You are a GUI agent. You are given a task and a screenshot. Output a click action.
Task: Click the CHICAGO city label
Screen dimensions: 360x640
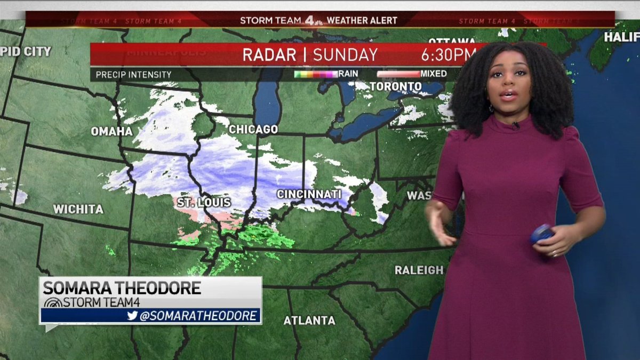[253, 130]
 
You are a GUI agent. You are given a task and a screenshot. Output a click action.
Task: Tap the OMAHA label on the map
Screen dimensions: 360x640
[111, 131]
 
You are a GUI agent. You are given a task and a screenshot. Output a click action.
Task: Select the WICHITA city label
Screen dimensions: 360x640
[78, 210]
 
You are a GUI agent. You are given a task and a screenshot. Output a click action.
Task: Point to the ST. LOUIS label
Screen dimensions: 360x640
[204, 203]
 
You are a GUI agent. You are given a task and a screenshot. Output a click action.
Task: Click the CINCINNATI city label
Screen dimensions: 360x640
[309, 194]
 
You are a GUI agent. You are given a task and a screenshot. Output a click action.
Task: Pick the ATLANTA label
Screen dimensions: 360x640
[309, 321]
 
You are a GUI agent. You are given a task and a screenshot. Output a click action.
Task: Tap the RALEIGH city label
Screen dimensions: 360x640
[419, 270]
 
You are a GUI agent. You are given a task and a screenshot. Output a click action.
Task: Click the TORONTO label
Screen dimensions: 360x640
[396, 86]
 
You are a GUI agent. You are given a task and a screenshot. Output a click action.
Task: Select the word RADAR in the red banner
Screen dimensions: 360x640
[269, 55]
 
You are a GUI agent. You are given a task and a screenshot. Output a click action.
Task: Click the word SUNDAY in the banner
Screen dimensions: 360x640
[345, 55]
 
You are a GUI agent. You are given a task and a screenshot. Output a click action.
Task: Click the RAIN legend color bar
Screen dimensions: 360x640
[316, 74]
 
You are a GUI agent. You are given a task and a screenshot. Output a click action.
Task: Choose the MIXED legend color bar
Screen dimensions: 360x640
[398, 74]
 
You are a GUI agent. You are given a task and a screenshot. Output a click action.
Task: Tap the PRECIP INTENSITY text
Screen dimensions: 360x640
[134, 75]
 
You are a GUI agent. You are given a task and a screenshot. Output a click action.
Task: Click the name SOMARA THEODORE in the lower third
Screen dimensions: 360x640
[122, 288]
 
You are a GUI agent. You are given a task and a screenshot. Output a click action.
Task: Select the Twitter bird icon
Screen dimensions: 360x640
[132, 316]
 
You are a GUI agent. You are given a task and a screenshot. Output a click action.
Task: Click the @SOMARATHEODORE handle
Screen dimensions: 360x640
[198, 316]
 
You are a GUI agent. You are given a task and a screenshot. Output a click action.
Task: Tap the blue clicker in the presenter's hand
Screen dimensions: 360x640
[542, 234]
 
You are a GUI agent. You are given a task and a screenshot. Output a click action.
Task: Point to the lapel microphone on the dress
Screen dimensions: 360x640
[516, 126]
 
